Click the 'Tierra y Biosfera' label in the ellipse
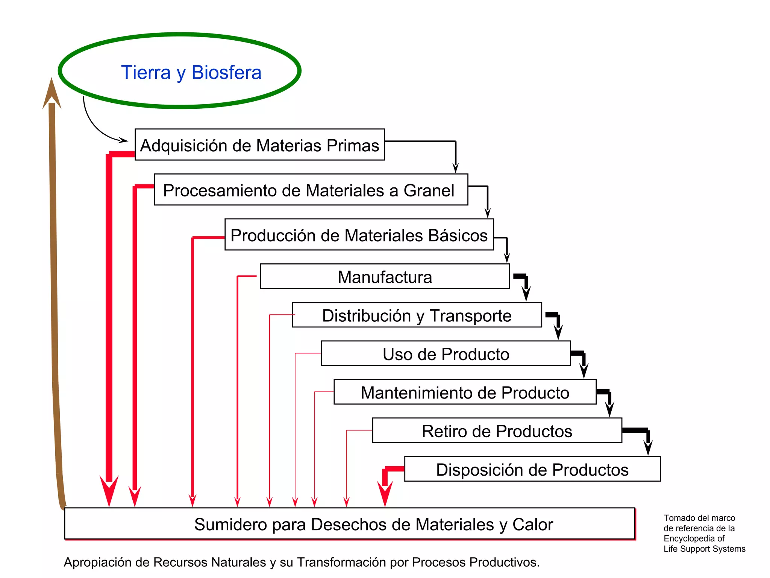point(191,72)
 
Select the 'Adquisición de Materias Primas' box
point(259,145)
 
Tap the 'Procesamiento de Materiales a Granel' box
point(311,190)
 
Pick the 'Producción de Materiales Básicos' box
point(359,234)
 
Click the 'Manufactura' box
point(385,277)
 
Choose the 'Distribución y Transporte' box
point(417,315)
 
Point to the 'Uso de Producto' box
point(446,354)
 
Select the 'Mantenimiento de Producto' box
point(465,392)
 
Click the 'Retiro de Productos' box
point(497,431)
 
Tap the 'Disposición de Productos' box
point(532,469)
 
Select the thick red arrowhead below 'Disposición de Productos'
point(385,493)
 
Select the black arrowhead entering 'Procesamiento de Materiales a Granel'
point(456,168)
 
